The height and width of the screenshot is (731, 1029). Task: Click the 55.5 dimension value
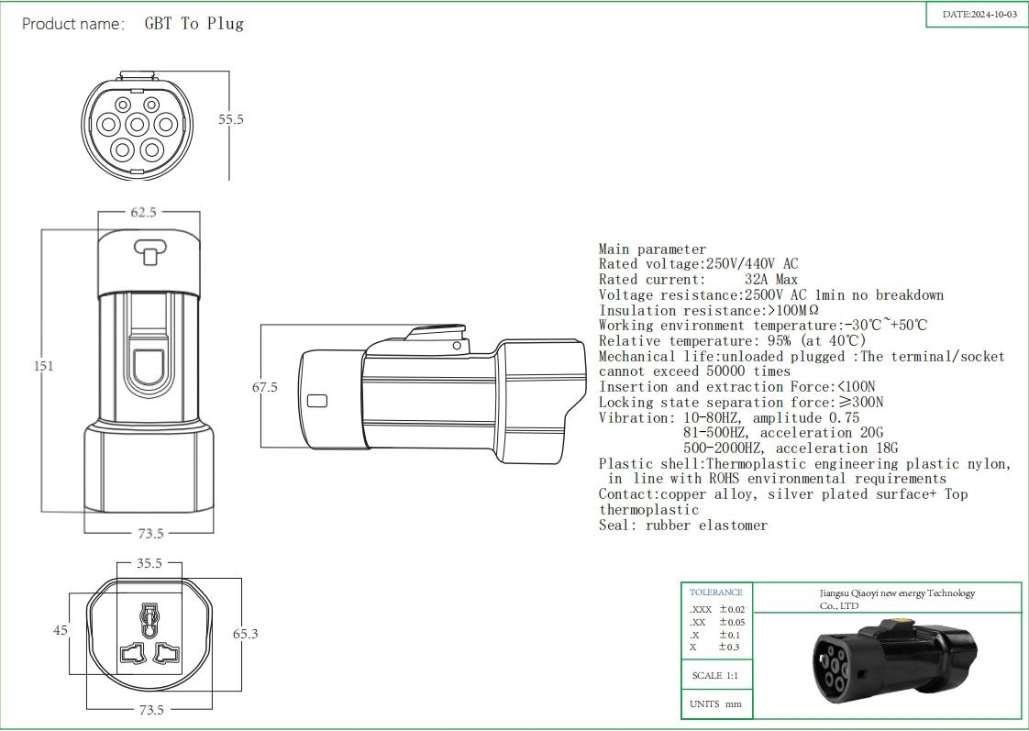[230, 119]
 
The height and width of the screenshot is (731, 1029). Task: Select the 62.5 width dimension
[143, 212]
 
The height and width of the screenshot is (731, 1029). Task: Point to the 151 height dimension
[43, 365]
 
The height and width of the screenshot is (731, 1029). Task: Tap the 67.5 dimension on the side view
[264, 387]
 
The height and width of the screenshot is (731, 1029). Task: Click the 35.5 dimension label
[149, 564]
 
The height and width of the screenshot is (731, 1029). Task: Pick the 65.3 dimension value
[245, 633]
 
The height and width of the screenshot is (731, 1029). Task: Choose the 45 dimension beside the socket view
[61, 630]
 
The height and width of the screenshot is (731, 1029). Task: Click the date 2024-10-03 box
[979, 15]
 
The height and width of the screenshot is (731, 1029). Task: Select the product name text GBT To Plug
[194, 24]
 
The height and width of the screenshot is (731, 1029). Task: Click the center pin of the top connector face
[137, 124]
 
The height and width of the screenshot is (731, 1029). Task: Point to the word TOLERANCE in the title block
[715, 593]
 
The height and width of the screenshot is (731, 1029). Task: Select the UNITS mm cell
[715, 704]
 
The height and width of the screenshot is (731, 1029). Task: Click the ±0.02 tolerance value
[731, 609]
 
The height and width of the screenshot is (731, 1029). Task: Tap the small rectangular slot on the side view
[317, 401]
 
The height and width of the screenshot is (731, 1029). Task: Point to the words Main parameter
[652, 249]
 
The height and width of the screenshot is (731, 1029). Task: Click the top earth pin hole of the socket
[149, 613]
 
